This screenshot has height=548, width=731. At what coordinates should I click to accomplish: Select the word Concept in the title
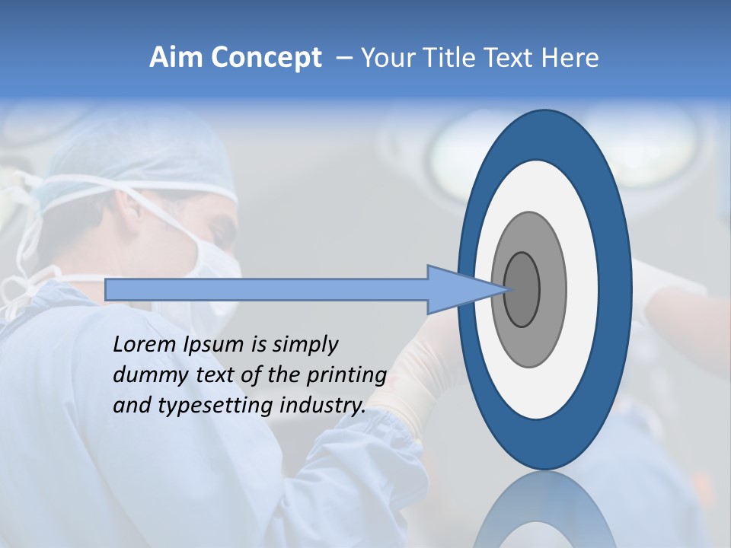coord(267,58)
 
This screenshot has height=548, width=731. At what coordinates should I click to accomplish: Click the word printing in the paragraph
coord(346,376)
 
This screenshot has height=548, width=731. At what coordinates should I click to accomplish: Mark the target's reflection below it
coord(545,514)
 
